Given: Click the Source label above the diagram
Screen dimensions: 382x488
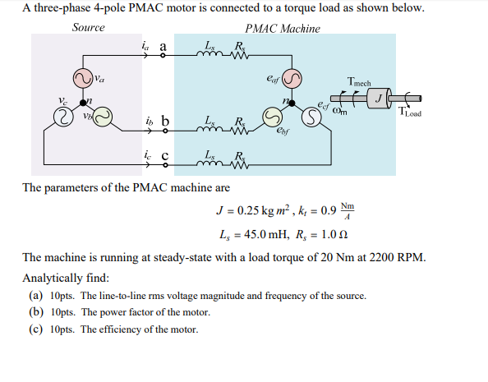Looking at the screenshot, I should (88, 27).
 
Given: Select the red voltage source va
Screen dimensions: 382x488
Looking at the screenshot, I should (84, 80).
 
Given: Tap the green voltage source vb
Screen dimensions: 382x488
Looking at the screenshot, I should (103, 119).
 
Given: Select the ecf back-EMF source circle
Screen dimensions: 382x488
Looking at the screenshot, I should (311, 119).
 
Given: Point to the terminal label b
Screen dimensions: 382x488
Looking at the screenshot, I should (164, 122).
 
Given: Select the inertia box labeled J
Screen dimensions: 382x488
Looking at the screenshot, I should (380, 99).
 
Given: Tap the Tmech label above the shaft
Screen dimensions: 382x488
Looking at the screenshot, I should (359, 82).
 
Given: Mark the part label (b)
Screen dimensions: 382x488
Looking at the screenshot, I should (36, 312).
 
